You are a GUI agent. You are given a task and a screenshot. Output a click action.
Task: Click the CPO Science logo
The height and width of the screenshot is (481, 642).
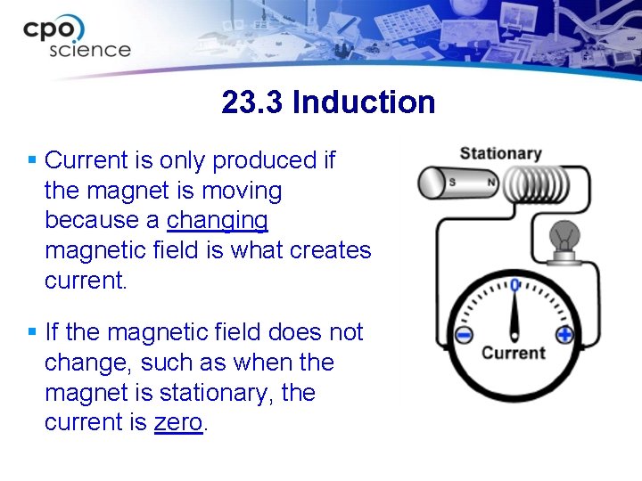[x=77, y=37]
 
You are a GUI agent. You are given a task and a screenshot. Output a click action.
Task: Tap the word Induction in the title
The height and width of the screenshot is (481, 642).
[x=363, y=102]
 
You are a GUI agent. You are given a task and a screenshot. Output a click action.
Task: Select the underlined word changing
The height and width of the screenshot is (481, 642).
[x=218, y=221]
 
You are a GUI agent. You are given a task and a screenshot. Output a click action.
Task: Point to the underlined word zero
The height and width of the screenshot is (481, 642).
[x=178, y=423]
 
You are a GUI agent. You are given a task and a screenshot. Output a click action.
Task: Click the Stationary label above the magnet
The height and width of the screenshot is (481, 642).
[x=500, y=153]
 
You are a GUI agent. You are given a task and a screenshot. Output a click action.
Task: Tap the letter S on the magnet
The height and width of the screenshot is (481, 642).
[x=452, y=183]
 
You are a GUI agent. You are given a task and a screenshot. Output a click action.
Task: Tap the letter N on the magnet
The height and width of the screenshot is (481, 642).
[x=490, y=183]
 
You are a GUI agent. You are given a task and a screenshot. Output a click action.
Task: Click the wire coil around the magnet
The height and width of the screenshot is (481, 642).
[x=535, y=184]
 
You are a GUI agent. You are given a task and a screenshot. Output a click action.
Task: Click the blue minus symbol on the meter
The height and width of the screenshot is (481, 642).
[x=464, y=336]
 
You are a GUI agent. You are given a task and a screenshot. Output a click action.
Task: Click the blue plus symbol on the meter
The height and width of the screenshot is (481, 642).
[x=564, y=336]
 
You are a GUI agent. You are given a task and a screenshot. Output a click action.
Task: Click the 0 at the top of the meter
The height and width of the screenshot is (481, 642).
[x=514, y=285]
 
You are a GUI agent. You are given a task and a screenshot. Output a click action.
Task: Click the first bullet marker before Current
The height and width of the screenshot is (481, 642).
[x=31, y=160]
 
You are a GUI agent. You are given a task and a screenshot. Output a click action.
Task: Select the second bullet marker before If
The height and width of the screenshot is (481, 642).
[x=31, y=332]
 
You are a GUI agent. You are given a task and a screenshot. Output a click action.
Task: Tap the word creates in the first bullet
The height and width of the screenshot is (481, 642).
[x=329, y=251]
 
